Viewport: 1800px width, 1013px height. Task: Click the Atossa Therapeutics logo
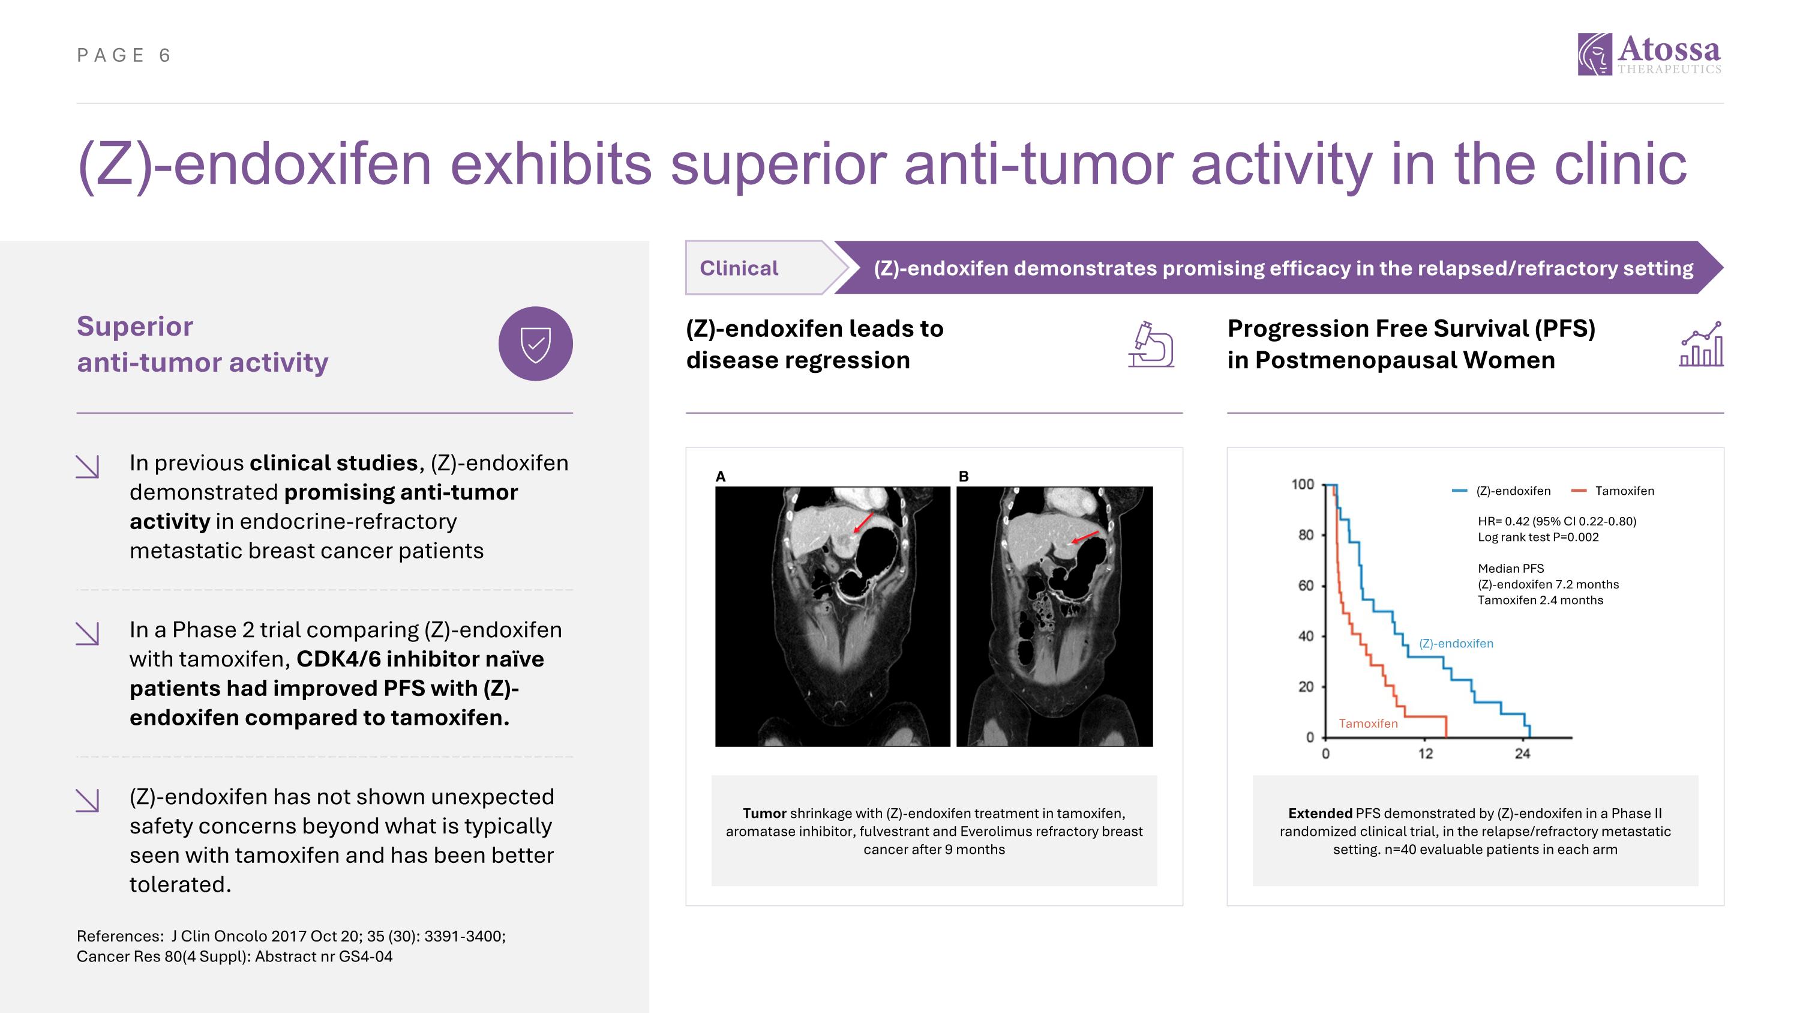pyautogui.click(x=1649, y=54)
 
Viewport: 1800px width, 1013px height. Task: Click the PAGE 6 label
pyautogui.click(x=124, y=55)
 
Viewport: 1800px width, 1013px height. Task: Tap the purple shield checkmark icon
pyautogui.click(x=535, y=344)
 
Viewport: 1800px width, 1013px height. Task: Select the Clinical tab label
pyautogui.click(x=739, y=268)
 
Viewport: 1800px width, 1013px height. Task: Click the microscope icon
pyautogui.click(x=1150, y=344)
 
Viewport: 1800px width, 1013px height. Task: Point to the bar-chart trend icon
pyautogui.click(x=1701, y=344)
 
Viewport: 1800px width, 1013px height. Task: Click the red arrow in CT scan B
pyautogui.click(x=1085, y=537)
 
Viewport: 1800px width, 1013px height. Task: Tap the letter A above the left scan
pyautogui.click(x=721, y=477)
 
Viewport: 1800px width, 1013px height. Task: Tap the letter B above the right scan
pyautogui.click(x=964, y=477)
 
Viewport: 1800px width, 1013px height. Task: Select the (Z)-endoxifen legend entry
pyautogui.click(x=1502, y=491)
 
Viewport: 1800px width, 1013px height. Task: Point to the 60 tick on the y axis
pyautogui.click(x=1305, y=585)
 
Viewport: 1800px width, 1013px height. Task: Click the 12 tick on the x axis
pyautogui.click(x=1425, y=754)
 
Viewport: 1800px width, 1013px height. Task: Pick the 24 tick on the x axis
pyautogui.click(x=1522, y=754)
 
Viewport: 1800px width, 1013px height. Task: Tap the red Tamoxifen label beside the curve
pyautogui.click(x=1367, y=724)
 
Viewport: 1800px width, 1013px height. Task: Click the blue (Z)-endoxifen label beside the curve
pyautogui.click(x=1456, y=643)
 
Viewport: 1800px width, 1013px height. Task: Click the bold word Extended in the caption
pyautogui.click(x=1320, y=813)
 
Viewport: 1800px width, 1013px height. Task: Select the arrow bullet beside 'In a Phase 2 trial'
pyautogui.click(x=88, y=634)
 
